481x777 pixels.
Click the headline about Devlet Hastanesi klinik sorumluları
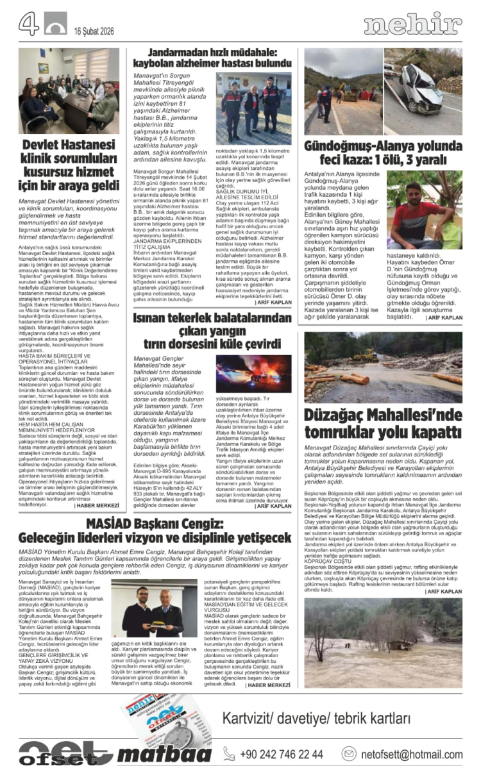click(69, 165)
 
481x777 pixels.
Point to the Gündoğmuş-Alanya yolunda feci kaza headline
click(383, 153)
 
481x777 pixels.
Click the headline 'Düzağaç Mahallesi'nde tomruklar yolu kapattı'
click(383, 424)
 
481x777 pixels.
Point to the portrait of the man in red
click(424, 210)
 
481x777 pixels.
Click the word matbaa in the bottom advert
click(164, 754)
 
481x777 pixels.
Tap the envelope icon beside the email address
click(349, 754)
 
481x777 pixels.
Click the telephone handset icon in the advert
click(229, 754)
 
